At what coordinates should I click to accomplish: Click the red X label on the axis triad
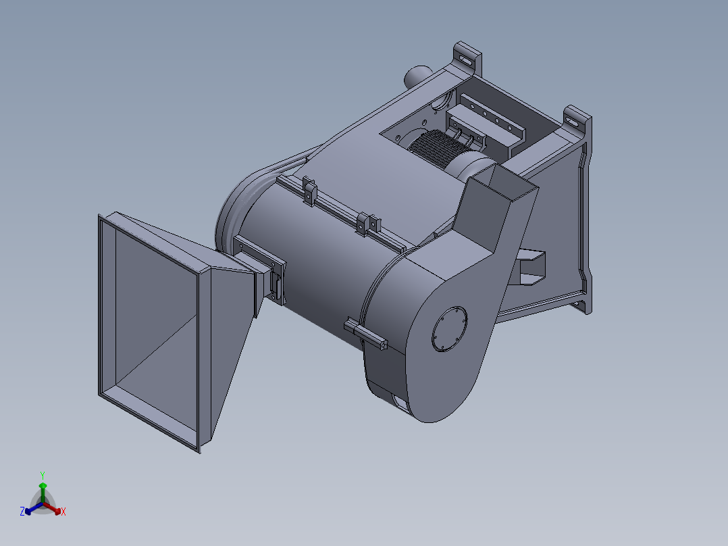tap(63, 512)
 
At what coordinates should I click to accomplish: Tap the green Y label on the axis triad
tap(42, 474)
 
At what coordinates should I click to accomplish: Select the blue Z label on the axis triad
tap(22, 512)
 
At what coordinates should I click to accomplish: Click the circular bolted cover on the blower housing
tap(448, 329)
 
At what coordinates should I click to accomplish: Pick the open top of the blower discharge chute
tap(505, 180)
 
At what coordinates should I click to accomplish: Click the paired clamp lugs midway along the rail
tap(366, 222)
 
